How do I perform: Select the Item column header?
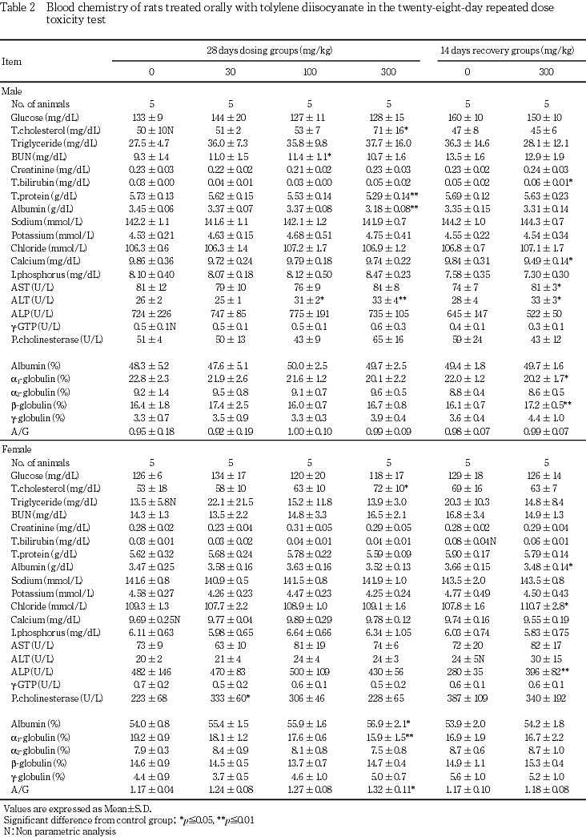click(x=12, y=60)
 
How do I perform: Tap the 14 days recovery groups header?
click(x=507, y=50)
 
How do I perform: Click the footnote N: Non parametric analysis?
click(x=59, y=831)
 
